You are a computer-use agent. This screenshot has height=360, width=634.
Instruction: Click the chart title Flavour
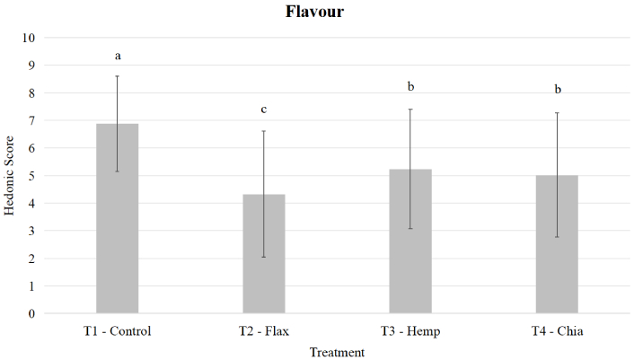[315, 13]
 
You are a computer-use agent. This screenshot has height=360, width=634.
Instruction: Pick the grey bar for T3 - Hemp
[410, 241]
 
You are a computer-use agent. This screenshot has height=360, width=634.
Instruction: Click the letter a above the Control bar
[118, 57]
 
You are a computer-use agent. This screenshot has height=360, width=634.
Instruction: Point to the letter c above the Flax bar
[264, 110]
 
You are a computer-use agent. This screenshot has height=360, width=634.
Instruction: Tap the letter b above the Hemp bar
[410, 87]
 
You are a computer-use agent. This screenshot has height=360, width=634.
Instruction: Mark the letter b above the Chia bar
[558, 90]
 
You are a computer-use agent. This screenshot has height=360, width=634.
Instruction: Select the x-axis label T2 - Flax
[264, 331]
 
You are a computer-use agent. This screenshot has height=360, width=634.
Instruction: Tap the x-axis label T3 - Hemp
[410, 331]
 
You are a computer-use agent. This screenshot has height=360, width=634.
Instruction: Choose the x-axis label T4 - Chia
[557, 331]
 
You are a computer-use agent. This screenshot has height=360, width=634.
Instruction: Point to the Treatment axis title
[337, 352]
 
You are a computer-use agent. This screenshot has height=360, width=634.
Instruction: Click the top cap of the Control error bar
[117, 76]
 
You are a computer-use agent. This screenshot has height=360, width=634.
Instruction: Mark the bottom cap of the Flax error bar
[264, 258]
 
